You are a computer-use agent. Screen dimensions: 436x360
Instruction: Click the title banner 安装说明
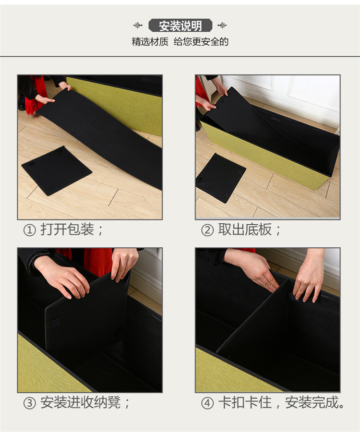pyautogui.click(x=180, y=25)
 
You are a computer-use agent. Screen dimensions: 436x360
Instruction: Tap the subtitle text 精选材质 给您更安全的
pyautogui.click(x=180, y=42)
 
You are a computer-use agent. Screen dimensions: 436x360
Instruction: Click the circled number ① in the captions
pyautogui.click(x=30, y=230)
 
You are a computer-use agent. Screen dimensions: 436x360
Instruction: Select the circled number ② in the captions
pyautogui.click(x=207, y=230)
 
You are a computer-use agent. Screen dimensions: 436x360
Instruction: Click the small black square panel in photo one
pyautogui.click(x=56, y=170)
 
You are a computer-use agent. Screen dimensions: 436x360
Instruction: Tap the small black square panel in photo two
pyautogui.click(x=220, y=177)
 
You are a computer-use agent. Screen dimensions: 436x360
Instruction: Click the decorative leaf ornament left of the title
pyautogui.click(x=138, y=25)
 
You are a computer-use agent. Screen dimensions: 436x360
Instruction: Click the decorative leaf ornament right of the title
pyautogui.click(x=222, y=25)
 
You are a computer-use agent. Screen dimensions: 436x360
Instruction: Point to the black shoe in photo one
pyautogui.click(x=22, y=104)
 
